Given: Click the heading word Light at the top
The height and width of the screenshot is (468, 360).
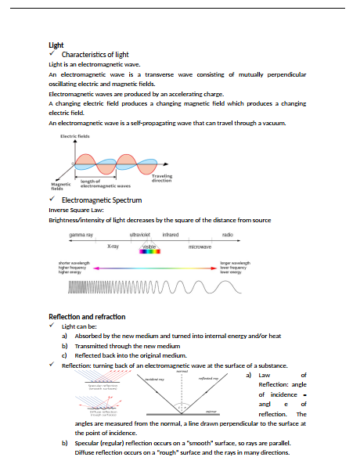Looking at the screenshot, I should (x=56, y=45).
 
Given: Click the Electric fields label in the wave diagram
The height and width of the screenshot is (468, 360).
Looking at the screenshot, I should (x=75, y=136).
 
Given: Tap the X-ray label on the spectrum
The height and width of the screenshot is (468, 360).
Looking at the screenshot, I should (x=113, y=247).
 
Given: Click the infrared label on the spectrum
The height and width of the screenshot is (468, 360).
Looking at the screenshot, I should (x=170, y=234).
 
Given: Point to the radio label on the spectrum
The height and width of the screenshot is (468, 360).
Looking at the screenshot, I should (x=227, y=234).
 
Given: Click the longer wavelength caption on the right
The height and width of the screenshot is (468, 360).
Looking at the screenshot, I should (x=236, y=263).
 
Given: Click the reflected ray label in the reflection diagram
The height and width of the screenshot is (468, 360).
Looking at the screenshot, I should (x=211, y=377).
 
